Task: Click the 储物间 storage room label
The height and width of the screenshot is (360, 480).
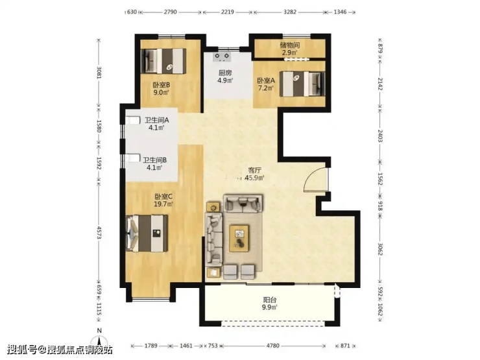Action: [x=289, y=45]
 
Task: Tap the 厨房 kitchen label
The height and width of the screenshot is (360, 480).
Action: [x=225, y=73]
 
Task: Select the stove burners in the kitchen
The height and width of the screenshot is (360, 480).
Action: [x=222, y=56]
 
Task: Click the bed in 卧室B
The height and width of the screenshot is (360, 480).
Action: [x=163, y=61]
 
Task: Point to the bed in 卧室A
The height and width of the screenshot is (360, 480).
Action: [x=302, y=84]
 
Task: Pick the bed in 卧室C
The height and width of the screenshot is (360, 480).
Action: [x=147, y=234]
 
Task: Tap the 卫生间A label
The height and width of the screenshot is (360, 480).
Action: [x=157, y=120]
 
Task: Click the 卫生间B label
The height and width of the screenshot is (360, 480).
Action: [x=154, y=160]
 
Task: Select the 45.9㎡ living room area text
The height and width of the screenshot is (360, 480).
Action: [x=254, y=178]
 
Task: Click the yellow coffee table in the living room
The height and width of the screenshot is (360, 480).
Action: [x=239, y=238]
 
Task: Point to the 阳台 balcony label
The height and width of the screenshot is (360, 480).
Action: [x=270, y=300]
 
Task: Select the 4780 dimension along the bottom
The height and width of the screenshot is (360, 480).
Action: [x=272, y=346]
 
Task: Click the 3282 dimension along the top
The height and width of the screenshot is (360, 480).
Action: [x=289, y=12]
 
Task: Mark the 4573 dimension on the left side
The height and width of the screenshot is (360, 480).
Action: [x=99, y=233]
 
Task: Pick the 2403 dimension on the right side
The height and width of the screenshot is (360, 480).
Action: [x=380, y=136]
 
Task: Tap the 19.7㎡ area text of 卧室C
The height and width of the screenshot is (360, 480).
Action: [x=163, y=204]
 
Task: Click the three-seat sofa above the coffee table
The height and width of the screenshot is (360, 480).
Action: [x=243, y=203]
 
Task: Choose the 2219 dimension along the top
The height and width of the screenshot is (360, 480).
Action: [x=228, y=12]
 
